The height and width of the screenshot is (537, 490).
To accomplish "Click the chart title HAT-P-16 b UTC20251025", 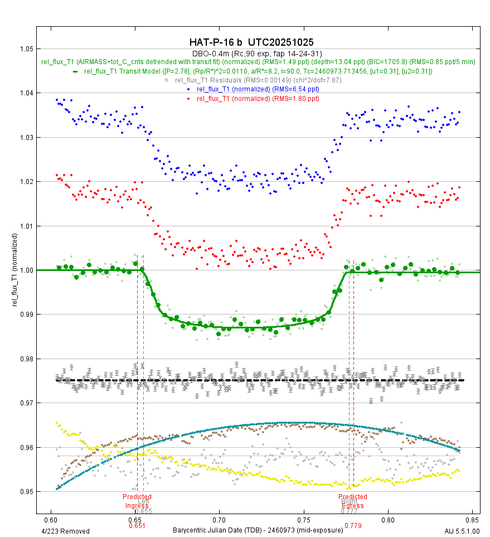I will (251, 42).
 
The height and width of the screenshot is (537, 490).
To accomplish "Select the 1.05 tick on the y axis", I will (26, 49).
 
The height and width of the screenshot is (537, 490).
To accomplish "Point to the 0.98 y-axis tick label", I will (26, 359).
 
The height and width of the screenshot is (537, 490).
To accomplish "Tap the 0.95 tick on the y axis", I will (26, 491).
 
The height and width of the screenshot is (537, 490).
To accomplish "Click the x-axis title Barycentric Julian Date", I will (258, 530).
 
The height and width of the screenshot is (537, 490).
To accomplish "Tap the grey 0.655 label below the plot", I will (143, 511).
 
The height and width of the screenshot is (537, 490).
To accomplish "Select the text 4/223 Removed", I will (66, 531).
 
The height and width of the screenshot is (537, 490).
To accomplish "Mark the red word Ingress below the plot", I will (137, 506).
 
